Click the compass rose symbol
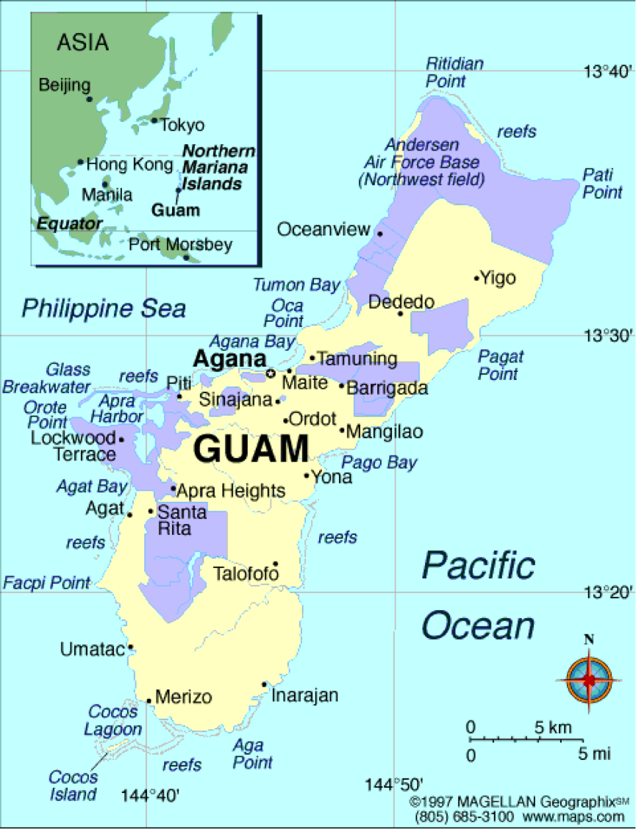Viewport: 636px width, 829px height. click(x=589, y=680)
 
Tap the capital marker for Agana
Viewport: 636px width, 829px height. click(x=270, y=373)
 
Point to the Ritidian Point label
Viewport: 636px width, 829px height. click(x=454, y=72)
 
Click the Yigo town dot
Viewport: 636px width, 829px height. click(x=476, y=279)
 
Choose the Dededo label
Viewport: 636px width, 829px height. click(x=401, y=302)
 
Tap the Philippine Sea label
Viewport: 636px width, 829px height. click(x=104, y=308)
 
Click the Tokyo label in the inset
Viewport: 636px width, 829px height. click(x=182, y=125)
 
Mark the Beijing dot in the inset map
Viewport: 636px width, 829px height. click(x=89, y=98)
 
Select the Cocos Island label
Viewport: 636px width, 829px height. click(x=73, y=785)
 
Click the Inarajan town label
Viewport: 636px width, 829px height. click(x=305, y=695)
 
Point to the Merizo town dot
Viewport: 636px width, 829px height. click(x=149, y=700)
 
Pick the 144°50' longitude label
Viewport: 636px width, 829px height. click(x=393, y=786)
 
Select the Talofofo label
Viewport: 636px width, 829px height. click(x=246, y=573)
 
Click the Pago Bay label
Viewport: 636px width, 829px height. click(x=379, y=462)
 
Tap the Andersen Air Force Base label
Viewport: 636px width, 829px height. click(x=421, y=162)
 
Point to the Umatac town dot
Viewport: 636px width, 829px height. click(x=130, y=647)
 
